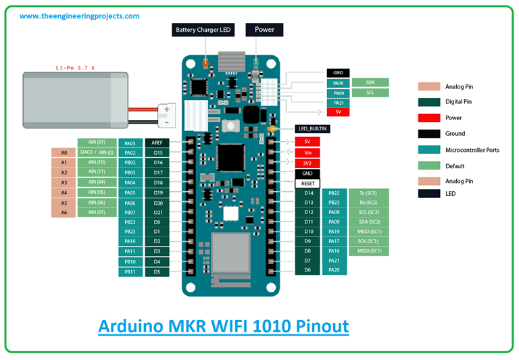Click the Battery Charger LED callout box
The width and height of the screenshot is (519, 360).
[203, 30]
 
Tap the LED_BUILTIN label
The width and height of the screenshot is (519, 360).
[312, 128]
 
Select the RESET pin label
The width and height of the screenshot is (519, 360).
[307, 183]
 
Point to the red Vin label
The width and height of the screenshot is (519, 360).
[307, 152]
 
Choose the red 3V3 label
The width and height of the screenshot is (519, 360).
[307, 163]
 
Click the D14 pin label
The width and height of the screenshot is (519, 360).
[307, 193]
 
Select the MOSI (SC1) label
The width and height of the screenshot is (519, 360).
[370, 251]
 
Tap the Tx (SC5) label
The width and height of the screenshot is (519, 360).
[370, 193]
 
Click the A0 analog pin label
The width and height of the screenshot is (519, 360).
[64, 153]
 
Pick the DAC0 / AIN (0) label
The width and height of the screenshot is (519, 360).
[97, 153]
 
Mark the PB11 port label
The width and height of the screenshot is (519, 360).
[130, 272]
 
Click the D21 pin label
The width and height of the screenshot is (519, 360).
[157, 213]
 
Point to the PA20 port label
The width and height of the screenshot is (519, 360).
[334, 270]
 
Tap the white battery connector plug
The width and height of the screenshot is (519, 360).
[164, 114]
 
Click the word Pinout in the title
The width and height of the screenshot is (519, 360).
[316, 327]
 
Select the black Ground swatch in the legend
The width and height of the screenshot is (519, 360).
[428, 134]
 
